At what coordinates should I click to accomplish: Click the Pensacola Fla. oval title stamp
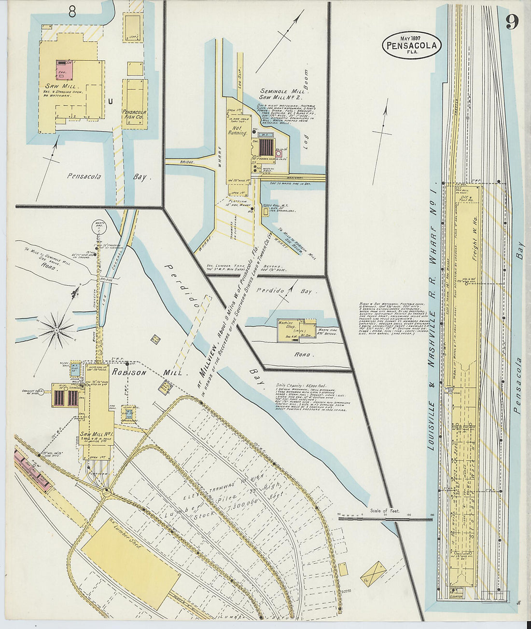(x=412, y=46)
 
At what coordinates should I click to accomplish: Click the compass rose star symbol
(x=56, y=330)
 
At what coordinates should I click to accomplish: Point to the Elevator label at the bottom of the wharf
(x=455, y=596)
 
